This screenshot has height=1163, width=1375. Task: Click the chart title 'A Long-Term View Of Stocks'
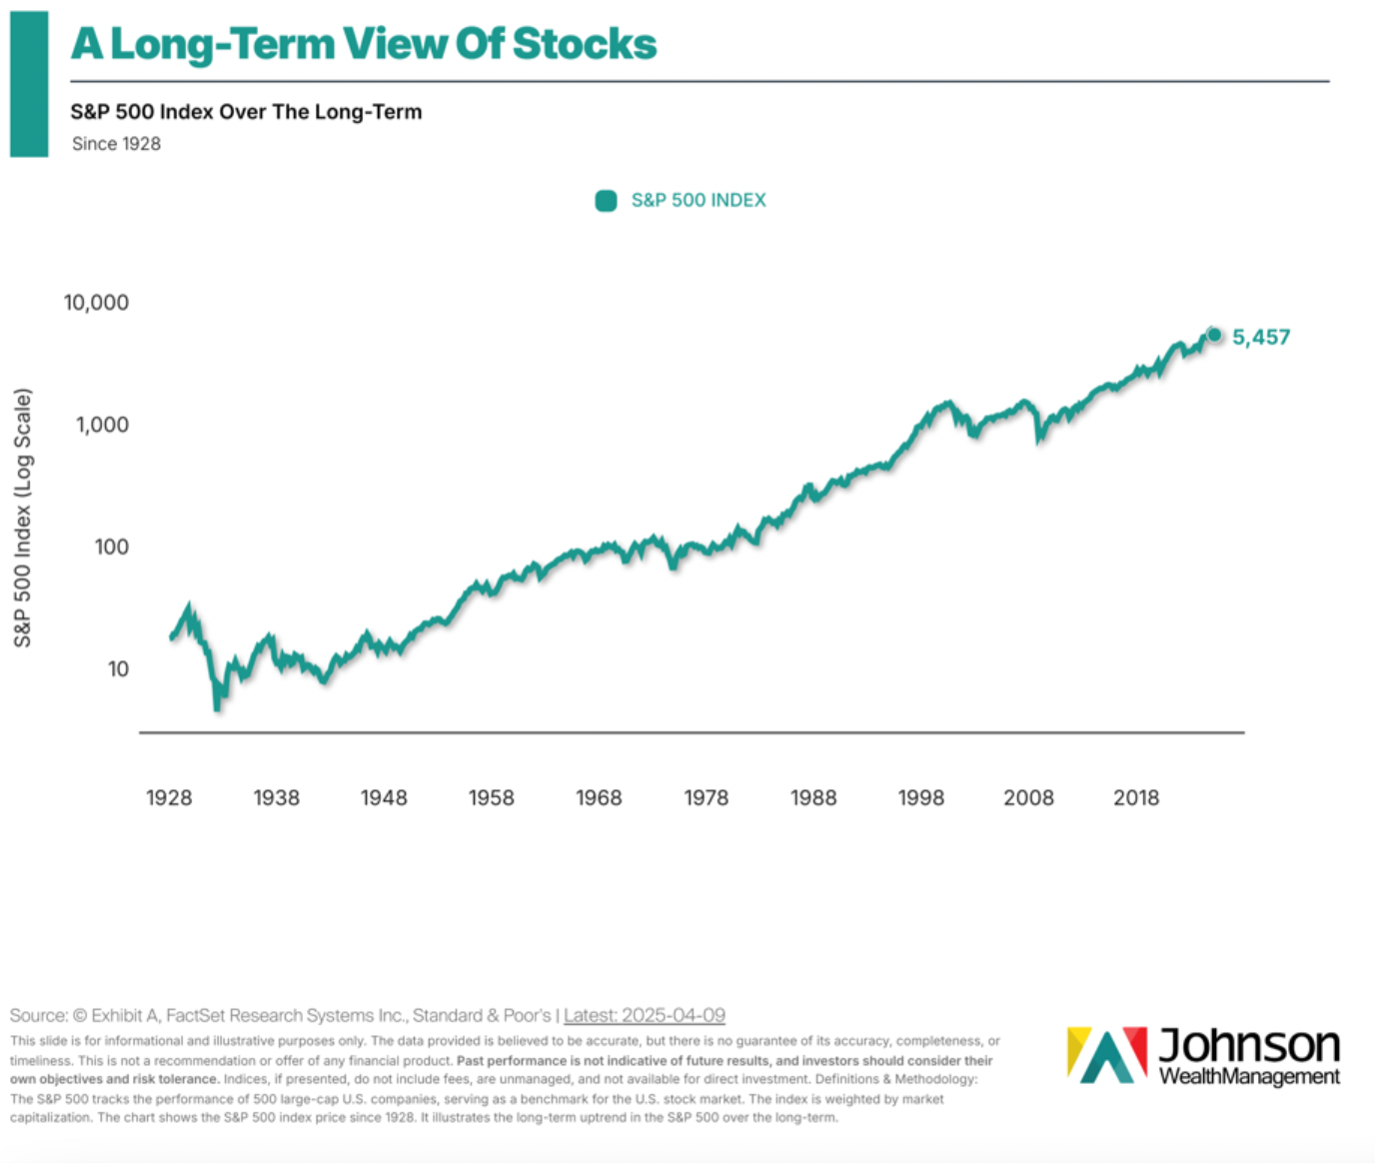pyautogui.click(x=364, y=44)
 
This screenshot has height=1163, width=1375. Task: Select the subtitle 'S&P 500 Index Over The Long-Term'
pyautogui.click(x=246, y=112)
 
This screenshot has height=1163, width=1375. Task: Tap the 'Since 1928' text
pyautogui.click(x=116, y=144)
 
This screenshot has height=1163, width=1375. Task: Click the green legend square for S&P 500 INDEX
pyautogui.click(x=606, y=201)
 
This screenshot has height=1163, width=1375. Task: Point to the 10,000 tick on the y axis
pyautogui.click(x=96, y=303)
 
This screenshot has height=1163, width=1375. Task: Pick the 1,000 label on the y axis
pyautogui.click(x=102, y=425)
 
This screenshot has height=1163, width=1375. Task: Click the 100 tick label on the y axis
pyautogui.click(x=112, y=547)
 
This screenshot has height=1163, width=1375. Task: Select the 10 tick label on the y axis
pyautogui.click(x=118, y=669)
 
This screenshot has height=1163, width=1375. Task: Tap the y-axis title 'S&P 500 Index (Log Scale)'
pyautogui.click(x=22, y=518)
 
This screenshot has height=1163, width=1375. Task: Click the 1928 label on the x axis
pyautogui.click(x=169, y=797)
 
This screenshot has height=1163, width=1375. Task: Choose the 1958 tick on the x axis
pyautogui.click(x=492, y=797)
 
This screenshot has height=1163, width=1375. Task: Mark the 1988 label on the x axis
pyautogui.click(x=813, y=797)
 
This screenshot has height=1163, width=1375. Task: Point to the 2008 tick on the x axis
pyautogui.click(x=1028, y=797)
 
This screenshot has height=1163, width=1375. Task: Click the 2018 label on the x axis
pyautogui.click(x=1136, y=797)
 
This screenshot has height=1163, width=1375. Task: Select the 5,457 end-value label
pyautogui.click(x=1261, y=338)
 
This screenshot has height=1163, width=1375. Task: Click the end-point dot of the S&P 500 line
pyautogui.click(x=1214, y=335)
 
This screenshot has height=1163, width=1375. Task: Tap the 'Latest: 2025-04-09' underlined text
pyautogui.click(x=645, y=1015)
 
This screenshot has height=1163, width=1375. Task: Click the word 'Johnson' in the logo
pyautogui.click(x=1249, y=1046)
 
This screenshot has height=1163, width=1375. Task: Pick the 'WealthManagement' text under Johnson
pyautogui.click(x=1249, y=1076)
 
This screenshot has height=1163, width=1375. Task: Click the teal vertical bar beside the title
pyautogui.click(x=29, y=84)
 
